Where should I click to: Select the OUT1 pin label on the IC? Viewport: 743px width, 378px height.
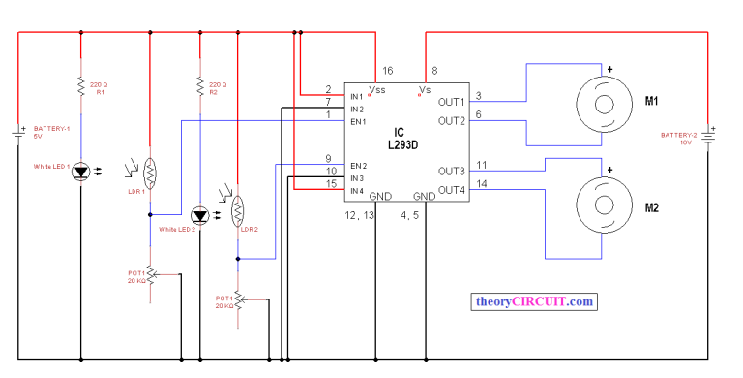[x=451, y=102]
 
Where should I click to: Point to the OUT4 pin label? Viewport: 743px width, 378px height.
[x=451, y=190]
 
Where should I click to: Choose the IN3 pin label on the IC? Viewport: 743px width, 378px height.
[x=331, y=178]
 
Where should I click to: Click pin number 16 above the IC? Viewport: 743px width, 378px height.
[x=388, y=71]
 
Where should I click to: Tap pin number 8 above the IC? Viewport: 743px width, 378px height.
[x=435, y=71]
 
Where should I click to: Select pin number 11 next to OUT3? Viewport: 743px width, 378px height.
[x=482, y=165]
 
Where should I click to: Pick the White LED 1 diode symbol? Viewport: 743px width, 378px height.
[x=80, y=172]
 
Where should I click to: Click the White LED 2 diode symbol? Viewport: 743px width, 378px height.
[x=199, y=214]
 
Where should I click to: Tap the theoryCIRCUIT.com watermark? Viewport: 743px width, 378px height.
[x=533, y=301]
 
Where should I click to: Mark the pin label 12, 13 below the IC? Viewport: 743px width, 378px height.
[x=361, y=214]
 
